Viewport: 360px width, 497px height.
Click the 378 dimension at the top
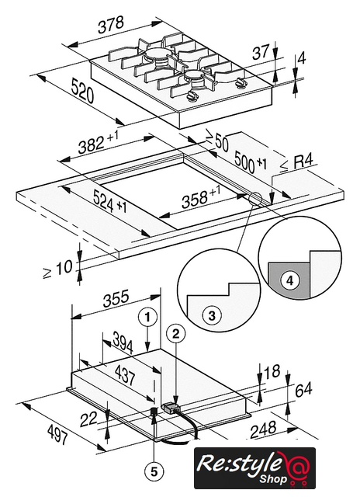(110, 25)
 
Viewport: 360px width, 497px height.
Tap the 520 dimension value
(82, 91)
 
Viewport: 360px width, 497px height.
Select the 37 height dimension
(261, 52)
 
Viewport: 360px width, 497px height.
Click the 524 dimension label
(109, 203)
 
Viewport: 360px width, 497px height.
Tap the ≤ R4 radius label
(297, 163)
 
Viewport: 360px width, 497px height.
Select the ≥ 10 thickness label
(58, 269)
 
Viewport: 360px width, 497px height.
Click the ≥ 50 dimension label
(217, 141)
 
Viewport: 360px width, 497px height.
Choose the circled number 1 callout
(147, 318)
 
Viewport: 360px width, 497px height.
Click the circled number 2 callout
(175, 333)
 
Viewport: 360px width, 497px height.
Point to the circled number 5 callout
(154, 472)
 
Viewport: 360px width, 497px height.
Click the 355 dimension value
(116, 298)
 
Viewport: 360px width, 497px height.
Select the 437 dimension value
(126, 375)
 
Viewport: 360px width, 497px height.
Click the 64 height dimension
(303, 390)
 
